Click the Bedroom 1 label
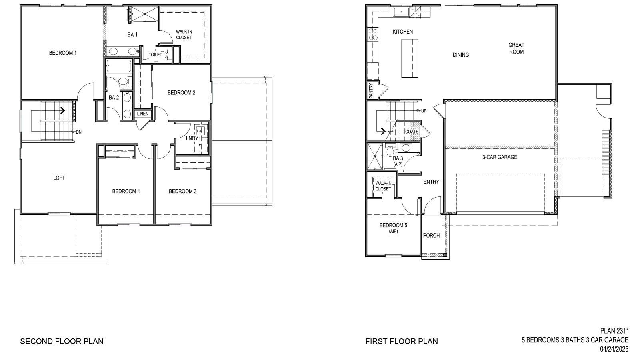[x=63, y=53]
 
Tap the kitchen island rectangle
[x=410, y=58]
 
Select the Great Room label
[x=516, y=48]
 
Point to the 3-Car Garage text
[x=500, y=157]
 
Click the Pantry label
[x=371, y=90]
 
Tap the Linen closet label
[x=142, y=114]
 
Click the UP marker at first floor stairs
[x=424, y=111]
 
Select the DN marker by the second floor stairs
[x=78, y=132]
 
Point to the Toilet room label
[x=155, y=54]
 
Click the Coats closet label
[x=412, y=132]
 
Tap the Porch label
[x=431, y=236]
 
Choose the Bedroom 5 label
[x=393, y=226]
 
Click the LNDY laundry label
[x=192, y=138]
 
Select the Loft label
[x=59, y=178]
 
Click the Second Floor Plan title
[x=62, y=341]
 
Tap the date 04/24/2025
[x=614, y=349]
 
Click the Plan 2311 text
[x=614, y=331]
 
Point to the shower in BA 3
[x=375, y=156]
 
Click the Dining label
[x=460, y=55]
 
